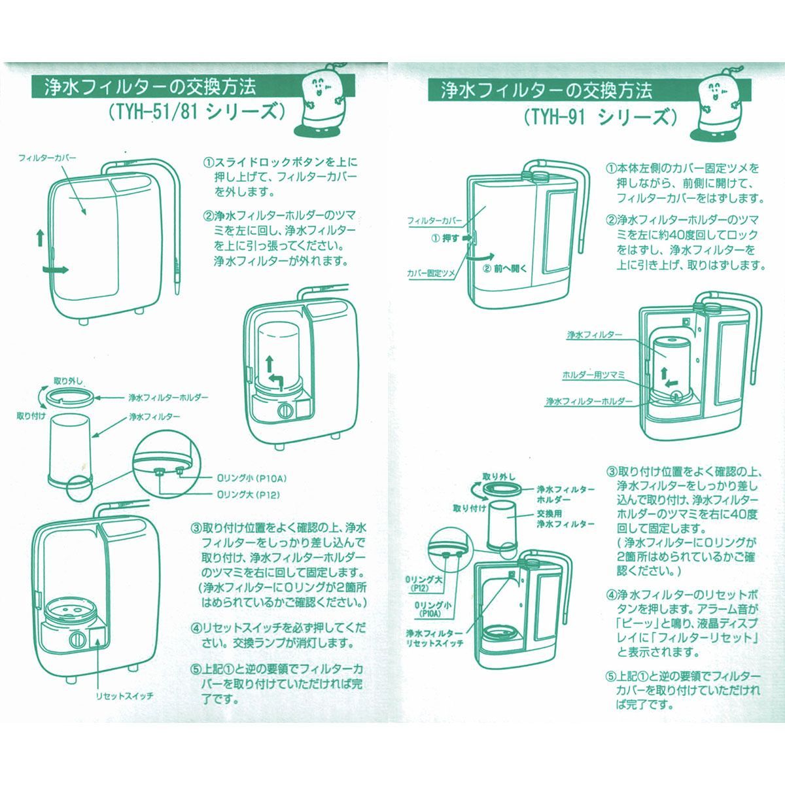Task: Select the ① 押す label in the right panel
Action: [445, 239]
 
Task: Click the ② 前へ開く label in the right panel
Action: [504, 268]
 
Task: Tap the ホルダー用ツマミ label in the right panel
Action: [593, 375]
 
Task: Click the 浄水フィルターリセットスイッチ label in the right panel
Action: [434, 639]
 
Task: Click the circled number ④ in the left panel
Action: [196, 627]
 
